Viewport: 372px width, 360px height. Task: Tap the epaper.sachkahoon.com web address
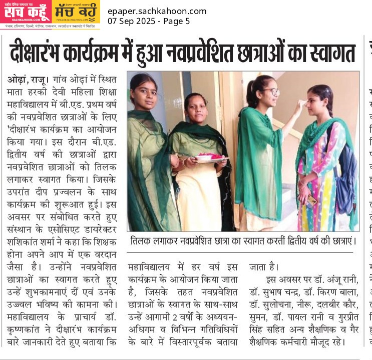[157, 11]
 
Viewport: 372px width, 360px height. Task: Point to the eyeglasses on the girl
[271, 92]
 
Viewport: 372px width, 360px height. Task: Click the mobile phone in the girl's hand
[312, 200]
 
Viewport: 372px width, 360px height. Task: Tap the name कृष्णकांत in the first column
[24, 329]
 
